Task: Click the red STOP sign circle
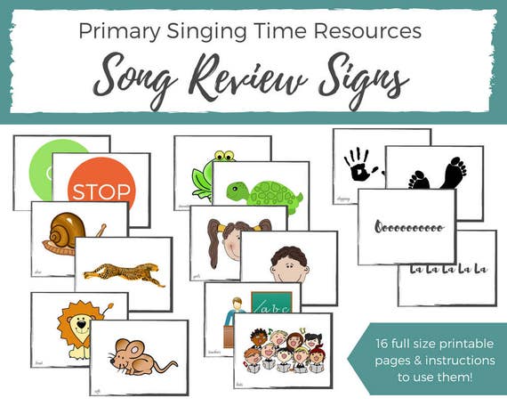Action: click(x=101, y=188)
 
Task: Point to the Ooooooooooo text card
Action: click(x=406, y=227)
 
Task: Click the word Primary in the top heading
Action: click(x=120, y=30)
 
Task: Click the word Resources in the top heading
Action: click(x=371, y=30)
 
